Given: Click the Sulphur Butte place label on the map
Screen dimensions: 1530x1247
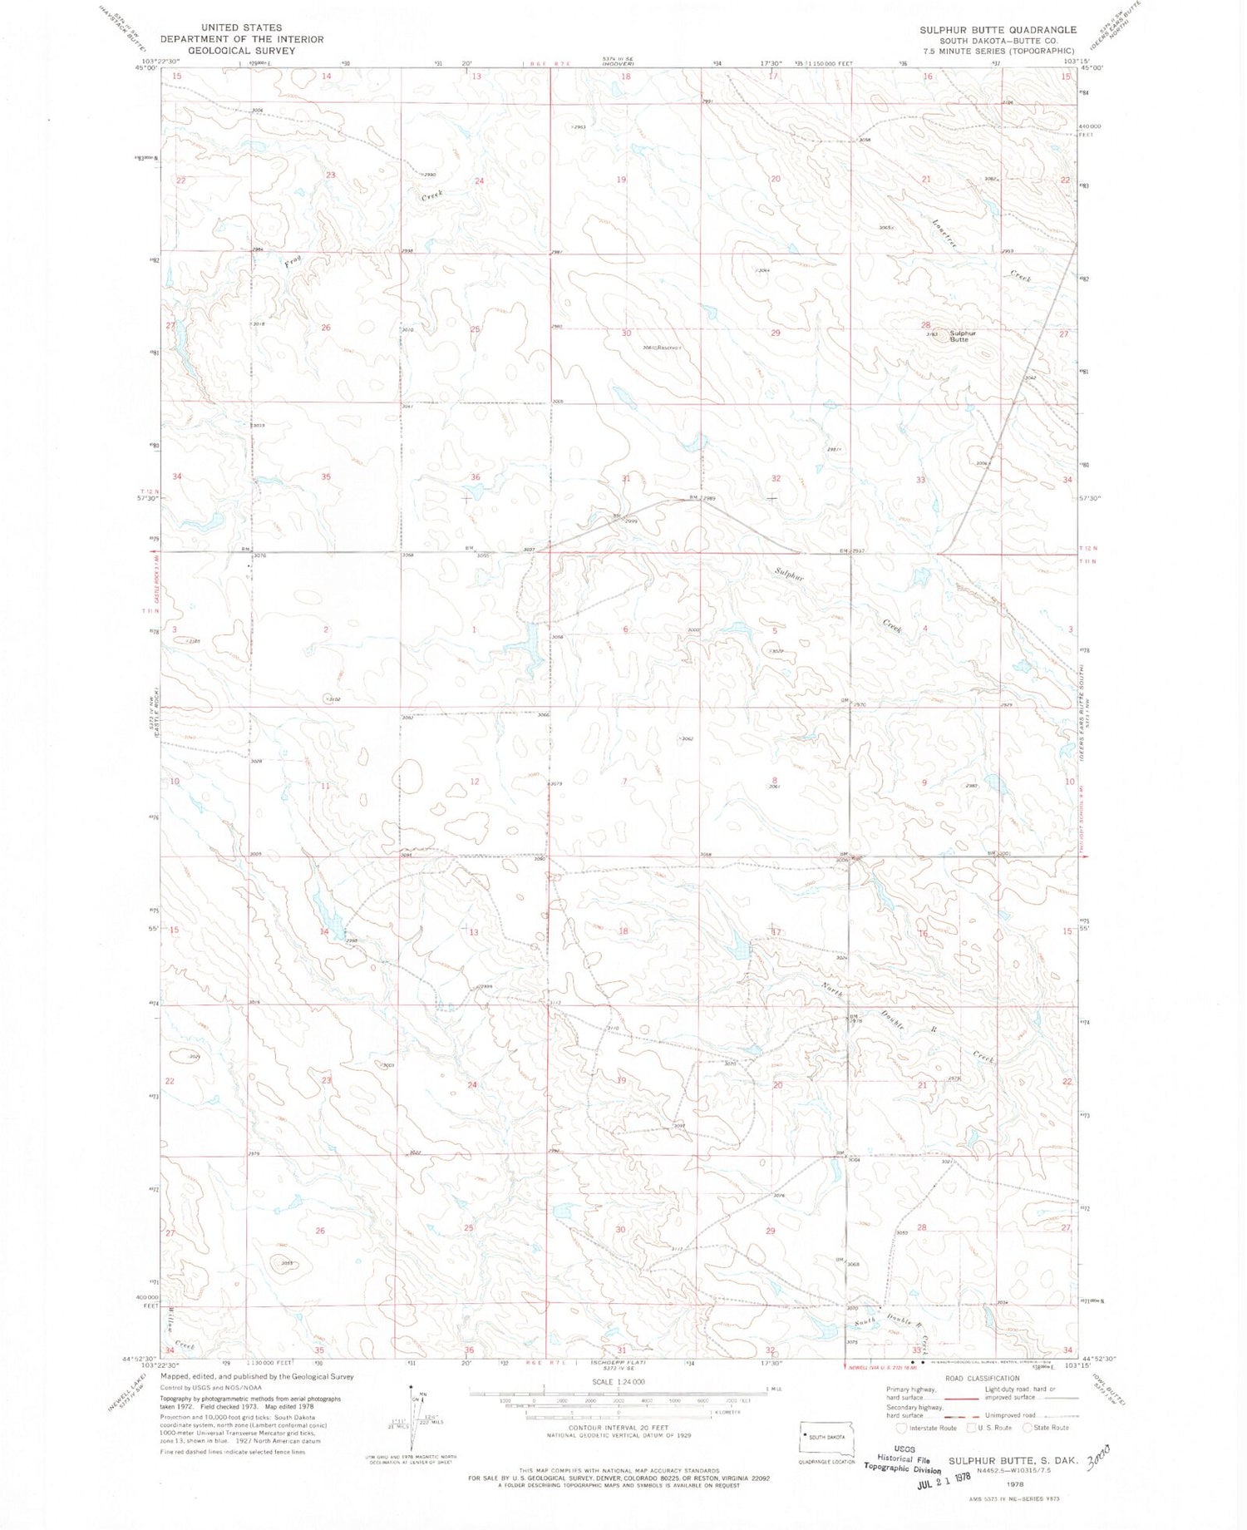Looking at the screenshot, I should (x=963, y=336).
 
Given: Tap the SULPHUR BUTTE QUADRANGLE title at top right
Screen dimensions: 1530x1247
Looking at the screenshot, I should (x=998, y=30).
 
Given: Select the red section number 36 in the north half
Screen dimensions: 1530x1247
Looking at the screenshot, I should (x=476, y=477).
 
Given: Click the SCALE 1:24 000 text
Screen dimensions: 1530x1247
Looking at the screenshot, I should (x=618, y=1381).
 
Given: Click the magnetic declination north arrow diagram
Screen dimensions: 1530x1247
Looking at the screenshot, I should (x=413, y=1414).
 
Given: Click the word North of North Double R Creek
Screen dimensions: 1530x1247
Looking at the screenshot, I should (x=831, y=991).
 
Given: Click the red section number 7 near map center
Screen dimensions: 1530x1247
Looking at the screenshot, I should (x=624, y=782).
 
